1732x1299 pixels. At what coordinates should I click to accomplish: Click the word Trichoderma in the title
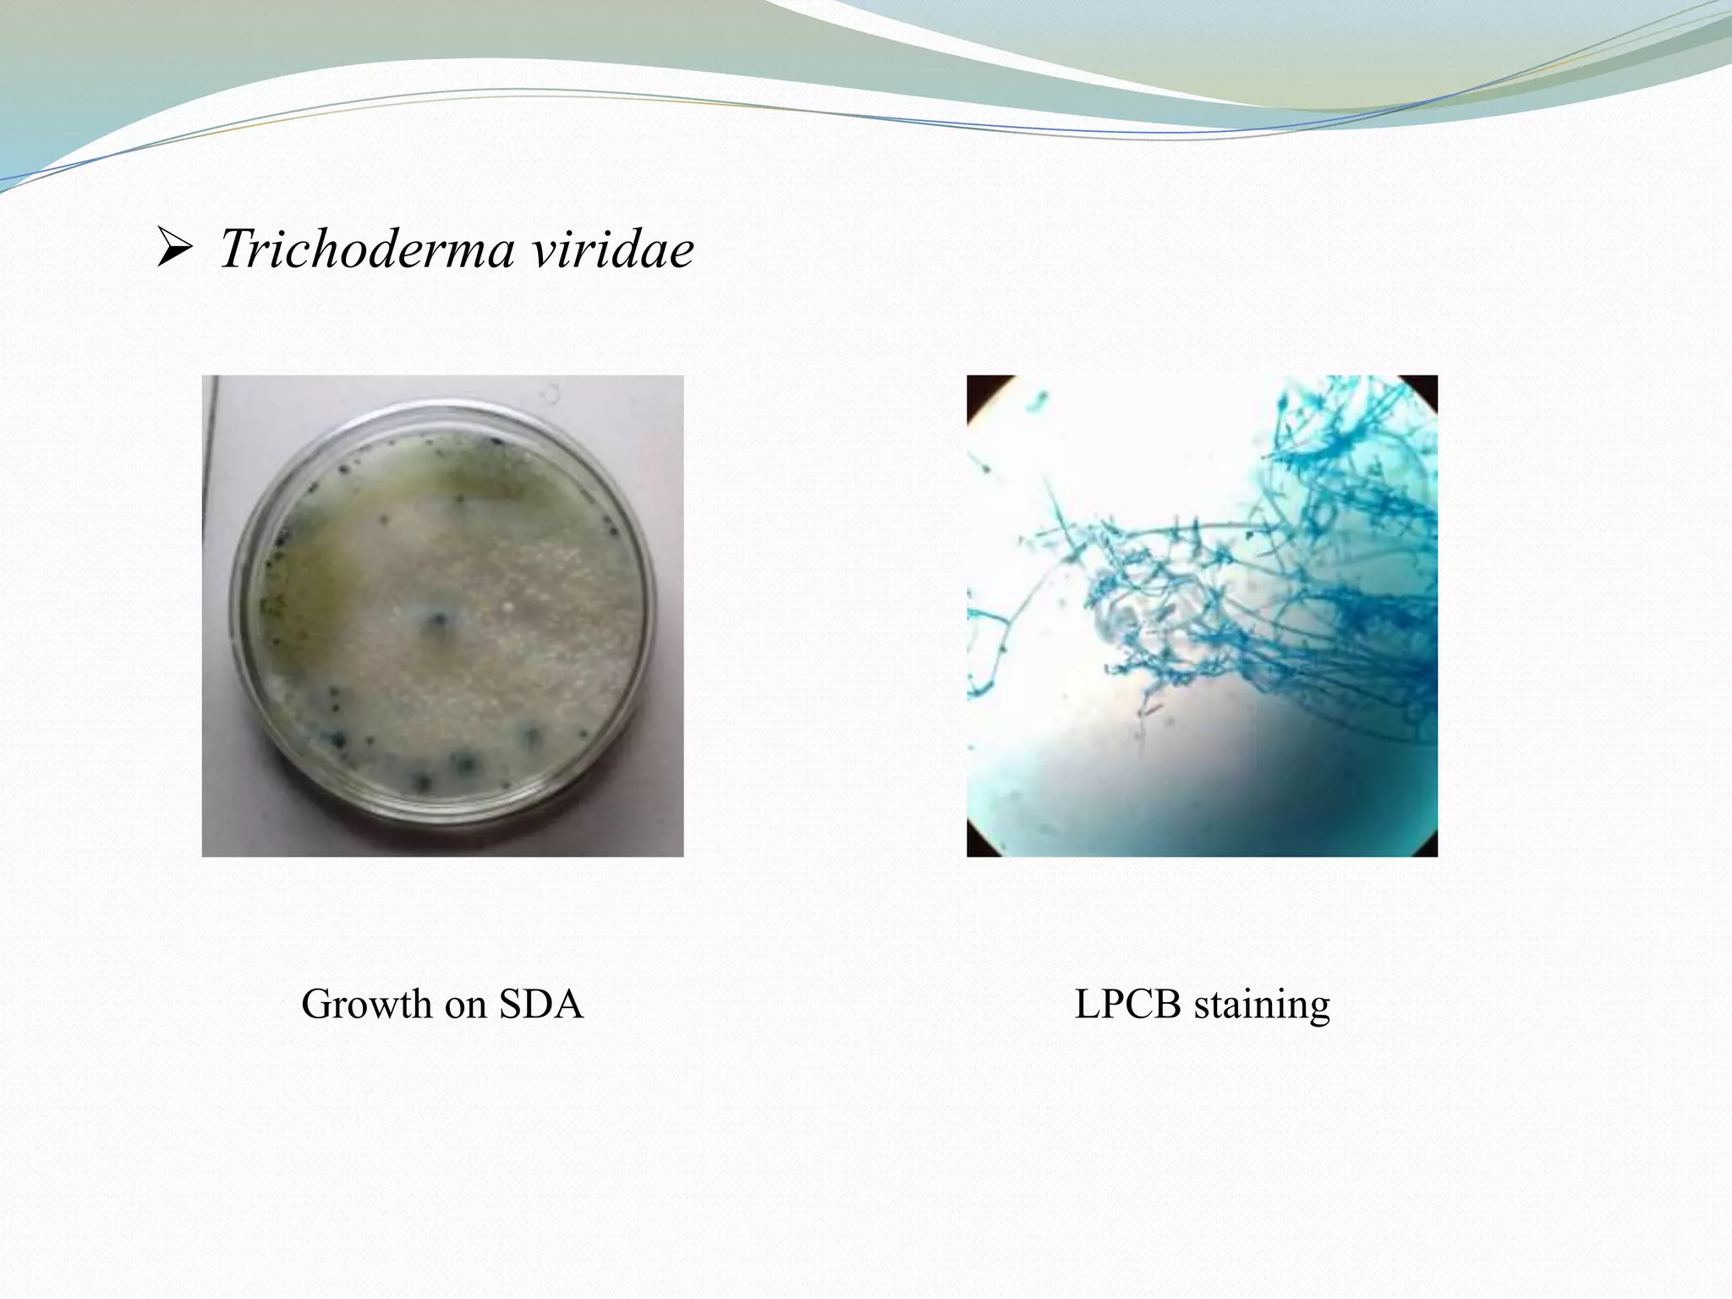[366, 249]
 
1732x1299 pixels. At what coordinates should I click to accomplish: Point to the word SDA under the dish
[541, 1005]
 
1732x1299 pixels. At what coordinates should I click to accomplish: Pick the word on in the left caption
[465, 1005]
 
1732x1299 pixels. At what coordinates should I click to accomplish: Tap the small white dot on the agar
[508, 606]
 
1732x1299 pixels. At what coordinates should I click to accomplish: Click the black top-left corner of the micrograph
[978, 385]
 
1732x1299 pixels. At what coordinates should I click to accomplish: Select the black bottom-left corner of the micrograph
[977, 848]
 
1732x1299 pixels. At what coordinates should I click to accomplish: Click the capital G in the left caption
[316, 1005]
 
